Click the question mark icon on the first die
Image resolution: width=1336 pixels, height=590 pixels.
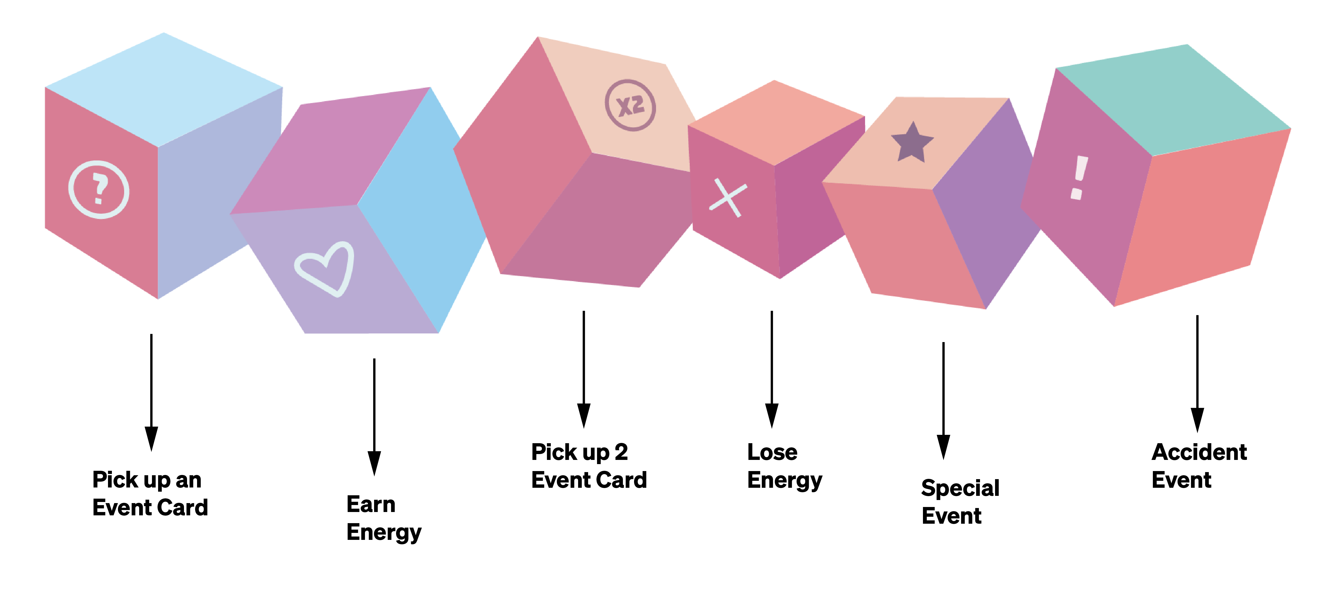coord(99,190)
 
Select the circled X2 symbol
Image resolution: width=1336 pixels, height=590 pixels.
coord(630,105)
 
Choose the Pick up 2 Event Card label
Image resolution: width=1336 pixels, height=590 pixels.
coord(589,465)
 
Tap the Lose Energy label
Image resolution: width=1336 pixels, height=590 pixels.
coord(784,465)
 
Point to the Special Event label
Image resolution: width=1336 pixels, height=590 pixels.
coord(960,501)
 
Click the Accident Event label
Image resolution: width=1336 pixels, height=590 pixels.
coord(1199,465)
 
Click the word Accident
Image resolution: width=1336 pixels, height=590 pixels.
coord(1199,452)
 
